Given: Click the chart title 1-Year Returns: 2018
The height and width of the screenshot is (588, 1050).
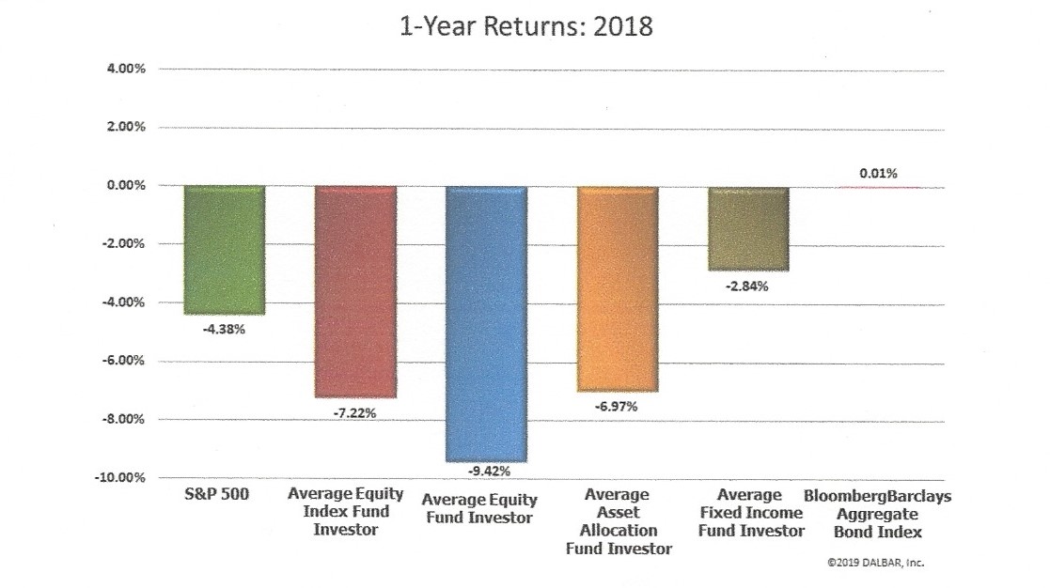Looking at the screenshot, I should (524, 26).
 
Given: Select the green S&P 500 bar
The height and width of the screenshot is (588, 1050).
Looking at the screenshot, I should (223, 250).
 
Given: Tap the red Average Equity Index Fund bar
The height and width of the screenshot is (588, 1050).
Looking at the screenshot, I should (354, 291).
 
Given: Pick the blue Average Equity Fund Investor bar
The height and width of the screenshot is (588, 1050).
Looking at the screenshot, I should (486, 323).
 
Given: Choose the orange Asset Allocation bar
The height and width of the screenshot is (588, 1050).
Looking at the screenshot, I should (617, 287).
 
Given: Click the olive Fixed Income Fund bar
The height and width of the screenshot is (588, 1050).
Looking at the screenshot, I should (748, 228).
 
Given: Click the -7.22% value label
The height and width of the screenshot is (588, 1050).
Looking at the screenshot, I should (355, 412).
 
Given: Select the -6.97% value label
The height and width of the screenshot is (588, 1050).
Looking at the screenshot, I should (618, 406).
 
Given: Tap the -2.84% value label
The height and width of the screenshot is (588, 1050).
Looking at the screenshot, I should (748, 286).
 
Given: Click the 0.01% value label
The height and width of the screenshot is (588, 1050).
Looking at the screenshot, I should (878, 173).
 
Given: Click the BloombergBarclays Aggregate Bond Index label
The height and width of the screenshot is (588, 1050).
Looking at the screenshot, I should (878, 513).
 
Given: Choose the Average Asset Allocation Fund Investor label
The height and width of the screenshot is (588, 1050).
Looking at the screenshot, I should (618, 521).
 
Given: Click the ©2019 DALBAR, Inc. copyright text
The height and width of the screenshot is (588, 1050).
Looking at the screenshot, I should (877, 565).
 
